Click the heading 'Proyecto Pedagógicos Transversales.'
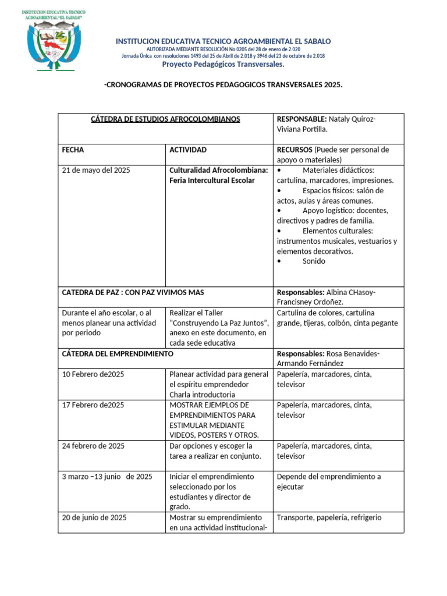(x=223, y=65)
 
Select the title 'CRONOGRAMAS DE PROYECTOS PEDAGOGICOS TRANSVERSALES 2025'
(x=223, y=85)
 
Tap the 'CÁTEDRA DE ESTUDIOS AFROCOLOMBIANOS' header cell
(x=166, y=119)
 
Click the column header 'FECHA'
(x=73, y=150)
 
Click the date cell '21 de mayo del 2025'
(x=96, y=170)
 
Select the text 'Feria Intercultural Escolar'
(x=212, y=180)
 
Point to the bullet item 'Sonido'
(x=314, y=261)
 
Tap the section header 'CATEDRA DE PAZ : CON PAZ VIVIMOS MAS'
(x=133, y=292)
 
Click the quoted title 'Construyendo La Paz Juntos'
(x=218, y=322)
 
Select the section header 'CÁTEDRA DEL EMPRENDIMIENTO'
(x=118, y=353)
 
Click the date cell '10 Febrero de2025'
(x=93, y=374)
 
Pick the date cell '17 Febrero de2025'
(x=93, y=405)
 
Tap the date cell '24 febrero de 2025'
(x=93, y=446)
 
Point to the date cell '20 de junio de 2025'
(x=94, y=517)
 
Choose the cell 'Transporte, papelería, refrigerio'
(x=329, y=517)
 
